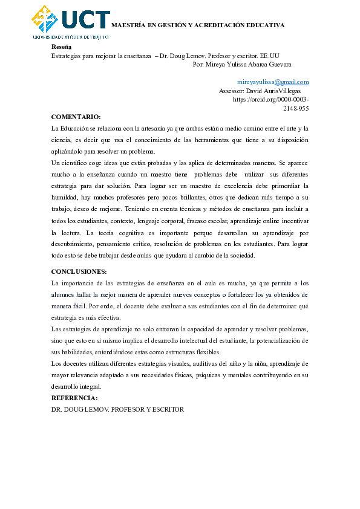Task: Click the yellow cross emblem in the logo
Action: pyautogui.click(x=45, y=19)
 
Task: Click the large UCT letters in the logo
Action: pyautogui.click(x=85, y=19)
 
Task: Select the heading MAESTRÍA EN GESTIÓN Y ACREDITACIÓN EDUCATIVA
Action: pyautogui.click(x=198, y=25)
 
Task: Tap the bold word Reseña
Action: pyautogui.click(x=61, y=46)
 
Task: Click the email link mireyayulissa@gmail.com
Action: pyautogui.click(x=273, y=82)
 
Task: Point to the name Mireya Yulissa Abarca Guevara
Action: pyautogui.click(x=250, y=63)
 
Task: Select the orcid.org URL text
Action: pyautogui.click(x=270, y=99)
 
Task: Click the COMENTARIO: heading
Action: pyautogui.click(x=76, y=117)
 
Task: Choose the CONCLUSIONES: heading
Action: pyautogui.click(x=79, y=271)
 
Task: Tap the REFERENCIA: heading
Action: pyautogui.click(x=74, y=398)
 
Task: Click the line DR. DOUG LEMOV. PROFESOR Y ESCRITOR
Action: pyautogui.click(x=117, y=409)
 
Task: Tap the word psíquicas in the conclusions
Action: pyautogui.click(x=208, y=375)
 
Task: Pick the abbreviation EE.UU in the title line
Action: pyautogui.click(x=269, y=55)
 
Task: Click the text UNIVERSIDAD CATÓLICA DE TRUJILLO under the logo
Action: pyautogui.click(x=71, y=37)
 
